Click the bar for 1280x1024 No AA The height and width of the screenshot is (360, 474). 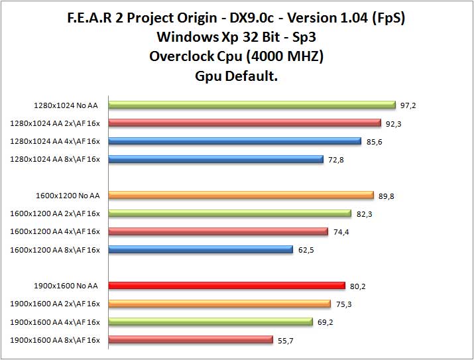click(x=252, y=104)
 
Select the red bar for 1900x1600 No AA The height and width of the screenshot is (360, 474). click(x=227, y=286)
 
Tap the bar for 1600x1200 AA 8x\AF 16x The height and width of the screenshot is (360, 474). click(x=200, y=249)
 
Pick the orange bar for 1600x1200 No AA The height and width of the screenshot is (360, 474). click(x=241, y=195)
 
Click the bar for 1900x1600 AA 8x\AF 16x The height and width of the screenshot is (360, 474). click(x=190, y=340)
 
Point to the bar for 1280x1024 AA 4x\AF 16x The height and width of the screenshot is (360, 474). click(x=235, y=141)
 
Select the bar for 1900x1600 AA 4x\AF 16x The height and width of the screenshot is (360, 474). click(x=210, y=322)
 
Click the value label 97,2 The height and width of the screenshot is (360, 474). click(x=409, y=105)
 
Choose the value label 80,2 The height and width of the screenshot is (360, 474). click(x=358, y=286)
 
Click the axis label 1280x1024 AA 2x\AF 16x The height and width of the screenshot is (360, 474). click(x=55, y=123)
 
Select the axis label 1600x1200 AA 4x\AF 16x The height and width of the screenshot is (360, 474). click(x=55, y=231)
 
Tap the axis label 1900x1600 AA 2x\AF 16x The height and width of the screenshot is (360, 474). click(x=55, y=304)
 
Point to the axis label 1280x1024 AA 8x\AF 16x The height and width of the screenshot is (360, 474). click(x=55, y=159)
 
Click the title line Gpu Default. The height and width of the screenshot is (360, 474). click(x=237, y=76)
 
